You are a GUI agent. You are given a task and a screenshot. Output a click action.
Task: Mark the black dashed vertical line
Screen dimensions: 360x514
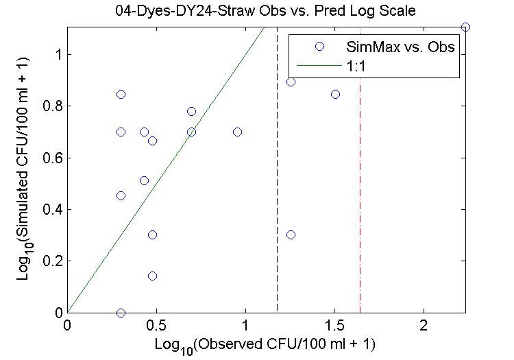pyautogui.click(x=277, y=171)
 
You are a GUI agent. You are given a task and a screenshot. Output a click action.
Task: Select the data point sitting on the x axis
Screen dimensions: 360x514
pyautogui.click(x=121, y=313)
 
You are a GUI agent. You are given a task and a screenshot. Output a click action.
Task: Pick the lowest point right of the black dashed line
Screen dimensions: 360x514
pyautogui.click(x=291, y=235)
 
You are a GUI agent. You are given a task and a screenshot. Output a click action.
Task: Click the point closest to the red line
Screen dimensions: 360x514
pyautogui.click(x=335, y=94)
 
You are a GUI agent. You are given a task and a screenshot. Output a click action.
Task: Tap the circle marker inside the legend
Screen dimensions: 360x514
pyautogui.click(x=319, y=47)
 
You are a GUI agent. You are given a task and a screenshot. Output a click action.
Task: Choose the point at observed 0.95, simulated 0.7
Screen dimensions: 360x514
pyautogui.click(x=237, y=132)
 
